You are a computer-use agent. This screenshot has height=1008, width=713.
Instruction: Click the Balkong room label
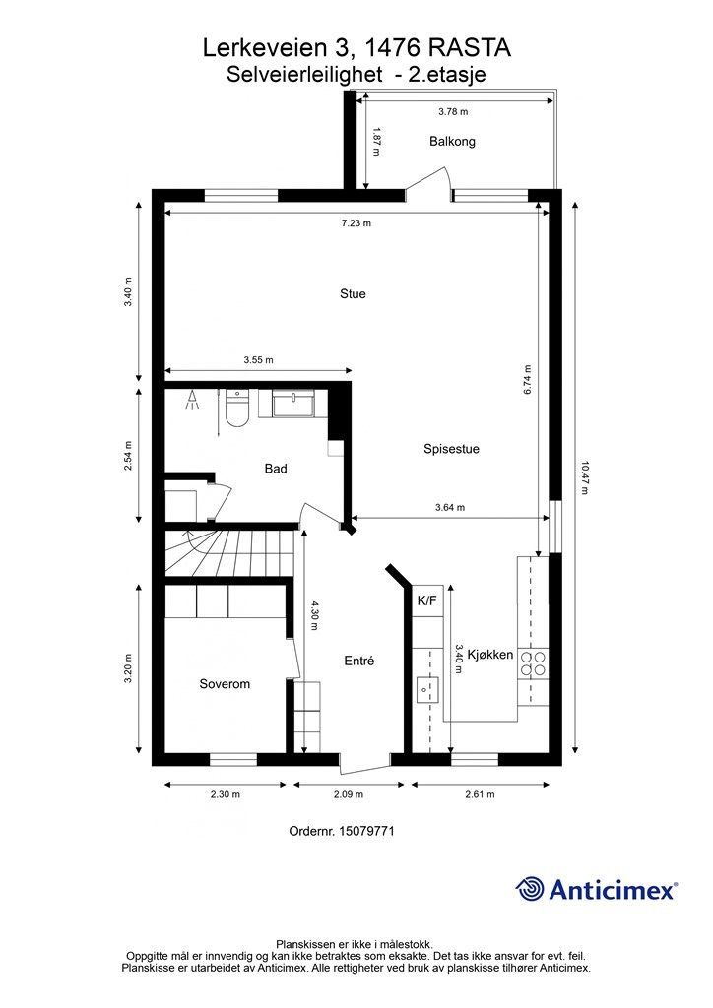pyautogui.click(x=452, y=141)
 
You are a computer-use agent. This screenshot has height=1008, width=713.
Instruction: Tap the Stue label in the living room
pyautogui.click(x=353, y=293)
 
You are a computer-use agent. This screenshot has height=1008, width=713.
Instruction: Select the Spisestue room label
pyautogui.click(x=451, y=449)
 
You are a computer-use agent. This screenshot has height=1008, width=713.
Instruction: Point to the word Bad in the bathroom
pyautogui.click(x=276, y=468)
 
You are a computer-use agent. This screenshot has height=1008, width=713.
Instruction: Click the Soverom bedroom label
pyautogui.click(x=225, y=683)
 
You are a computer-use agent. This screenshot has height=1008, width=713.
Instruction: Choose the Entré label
pyautogui.click(x=358, y=661)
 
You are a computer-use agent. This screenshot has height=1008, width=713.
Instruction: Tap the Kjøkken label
pyautogui.click(x=489, y=655)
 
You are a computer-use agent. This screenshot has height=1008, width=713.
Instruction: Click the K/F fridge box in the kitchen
pyautogui.click(x=426, y=601)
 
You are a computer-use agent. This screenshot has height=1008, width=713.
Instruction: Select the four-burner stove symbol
pyautogui.click(x=534, y=663)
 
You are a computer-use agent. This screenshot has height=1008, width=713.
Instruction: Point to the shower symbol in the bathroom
pyautogui.click(x=192, y=400)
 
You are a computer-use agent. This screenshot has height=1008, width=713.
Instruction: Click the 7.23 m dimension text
pyautogui.click(x=356, y=223)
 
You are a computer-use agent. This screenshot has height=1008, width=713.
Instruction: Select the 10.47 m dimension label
pyautogui.click(x=584, y=476)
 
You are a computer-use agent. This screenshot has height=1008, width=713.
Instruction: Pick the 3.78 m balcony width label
pyautogui.click(x=453, y=111)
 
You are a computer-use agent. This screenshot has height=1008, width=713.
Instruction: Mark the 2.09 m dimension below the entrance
pyautogui.click(x=349, y=794)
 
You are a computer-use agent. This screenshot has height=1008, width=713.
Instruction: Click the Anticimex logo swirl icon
pyautogui.click(x=530, y=889)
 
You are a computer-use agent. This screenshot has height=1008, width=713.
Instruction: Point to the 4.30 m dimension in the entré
pyautogui.click(x=314, y=615)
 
